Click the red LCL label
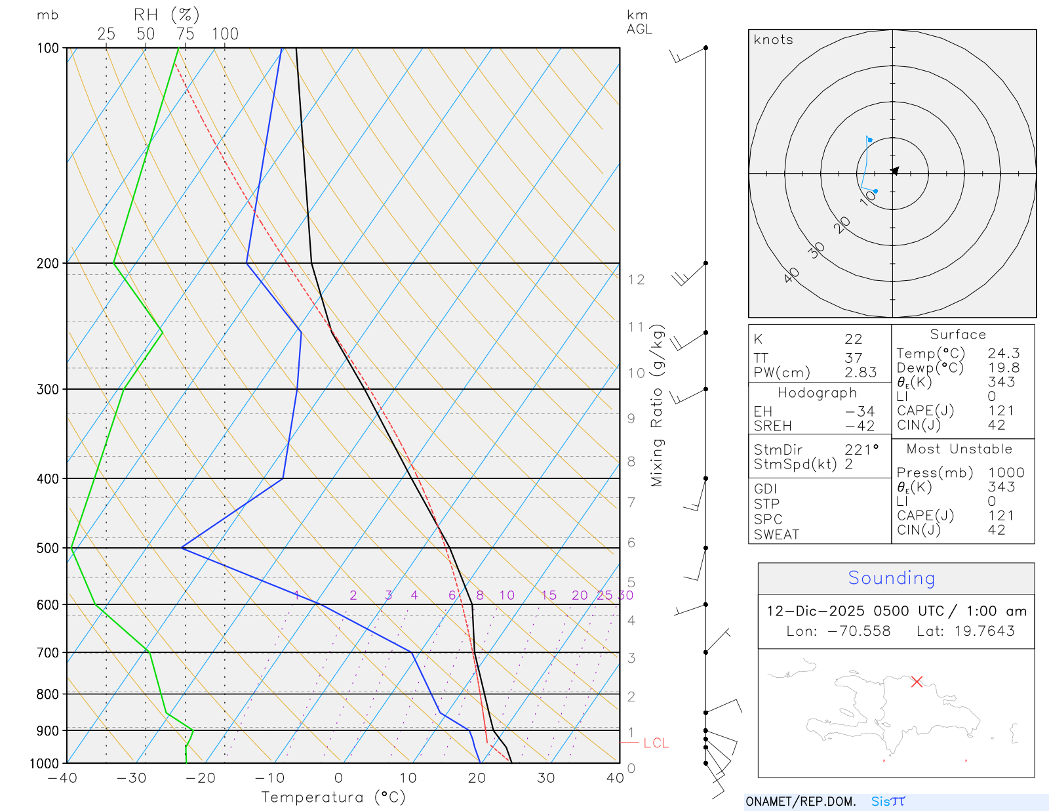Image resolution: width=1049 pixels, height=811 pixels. coord(656,743)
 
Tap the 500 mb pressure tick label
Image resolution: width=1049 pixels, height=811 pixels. coord(48,548)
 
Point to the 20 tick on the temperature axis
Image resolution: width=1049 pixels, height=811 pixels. coord(477,778)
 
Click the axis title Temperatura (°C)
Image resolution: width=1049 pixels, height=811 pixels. coord(333,797)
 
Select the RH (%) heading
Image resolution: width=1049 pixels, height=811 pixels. coord(166,15)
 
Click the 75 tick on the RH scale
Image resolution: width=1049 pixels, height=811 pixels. coord(185,34)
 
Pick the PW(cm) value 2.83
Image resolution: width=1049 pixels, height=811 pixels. coord(860,372)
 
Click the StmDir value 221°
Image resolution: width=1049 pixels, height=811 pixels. coord(861,449)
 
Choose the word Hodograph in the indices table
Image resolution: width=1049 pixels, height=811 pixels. coord(817,392)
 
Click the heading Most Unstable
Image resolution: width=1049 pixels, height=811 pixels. coord(959,449)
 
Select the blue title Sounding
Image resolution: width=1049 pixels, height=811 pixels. coord(892,577)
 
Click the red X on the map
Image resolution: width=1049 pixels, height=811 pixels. coord(917,682)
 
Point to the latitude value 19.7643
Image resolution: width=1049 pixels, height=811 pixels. coord(984,631)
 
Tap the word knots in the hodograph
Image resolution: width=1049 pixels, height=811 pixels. coord(773,39)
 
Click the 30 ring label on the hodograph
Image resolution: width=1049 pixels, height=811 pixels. coord(816,250)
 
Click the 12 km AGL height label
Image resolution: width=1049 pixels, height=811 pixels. coord(636,280)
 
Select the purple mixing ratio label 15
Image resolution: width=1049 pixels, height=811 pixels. coord(549,595)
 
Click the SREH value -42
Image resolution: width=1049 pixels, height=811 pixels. coord(860,425)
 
